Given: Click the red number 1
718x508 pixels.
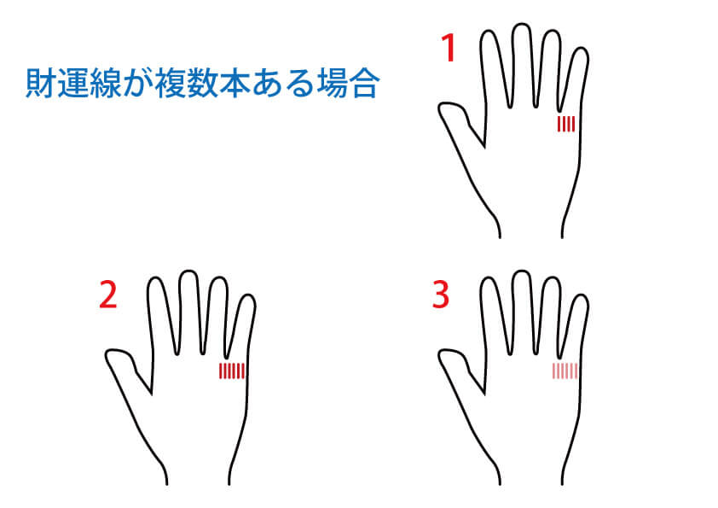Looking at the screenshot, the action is tap(449, 48).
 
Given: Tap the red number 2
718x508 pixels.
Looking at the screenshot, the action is tap(108, 295).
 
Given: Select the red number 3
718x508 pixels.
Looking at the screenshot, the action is tap(441, 295).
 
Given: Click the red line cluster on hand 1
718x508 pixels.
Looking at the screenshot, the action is tap(566, 124).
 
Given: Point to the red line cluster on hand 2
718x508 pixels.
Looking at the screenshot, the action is tap(232, 371).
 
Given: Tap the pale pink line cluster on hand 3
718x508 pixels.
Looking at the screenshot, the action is tap(565, 371).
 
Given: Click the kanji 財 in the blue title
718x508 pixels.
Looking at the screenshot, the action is tap(41, 84).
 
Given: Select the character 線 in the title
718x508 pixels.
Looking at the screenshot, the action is tap(106, 84).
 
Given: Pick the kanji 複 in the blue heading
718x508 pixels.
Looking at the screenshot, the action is tap(171, 84).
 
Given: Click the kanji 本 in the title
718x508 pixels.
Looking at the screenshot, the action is tap(235, 84).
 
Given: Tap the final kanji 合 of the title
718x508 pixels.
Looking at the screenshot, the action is tap(364, 84).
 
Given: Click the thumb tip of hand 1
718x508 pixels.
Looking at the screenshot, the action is tap(443, 108).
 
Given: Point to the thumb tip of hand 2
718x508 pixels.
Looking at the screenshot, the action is tap(109, 354).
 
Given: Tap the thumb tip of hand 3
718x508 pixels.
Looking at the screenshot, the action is tap(443, 354).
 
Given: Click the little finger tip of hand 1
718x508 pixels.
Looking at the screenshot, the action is tap(581, 48).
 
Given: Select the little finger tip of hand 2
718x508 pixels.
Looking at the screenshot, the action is tap(248, 295).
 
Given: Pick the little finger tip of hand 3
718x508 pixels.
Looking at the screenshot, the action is tap(581, 295).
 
